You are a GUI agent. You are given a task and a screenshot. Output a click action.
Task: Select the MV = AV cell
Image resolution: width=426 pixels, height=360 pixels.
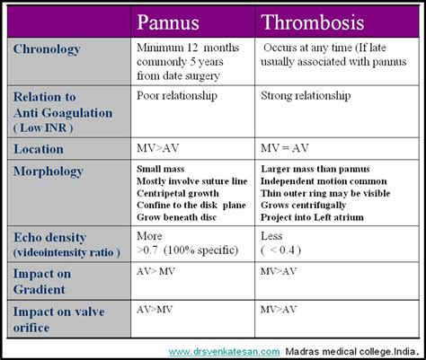284,149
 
